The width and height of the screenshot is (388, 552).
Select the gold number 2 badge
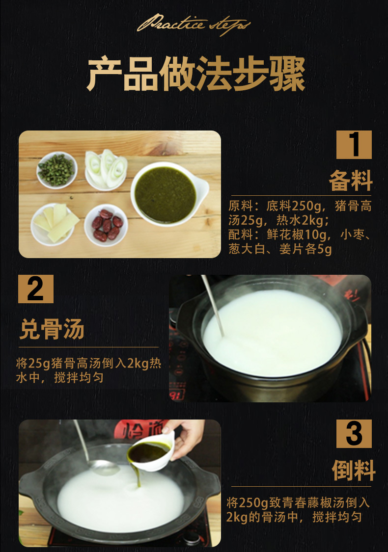[x=35, y=289]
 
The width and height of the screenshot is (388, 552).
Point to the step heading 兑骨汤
[x=52, y=329]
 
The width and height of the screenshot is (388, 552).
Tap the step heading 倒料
[x=353, y=470]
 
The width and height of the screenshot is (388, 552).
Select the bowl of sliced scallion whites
[x=105, y=168]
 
